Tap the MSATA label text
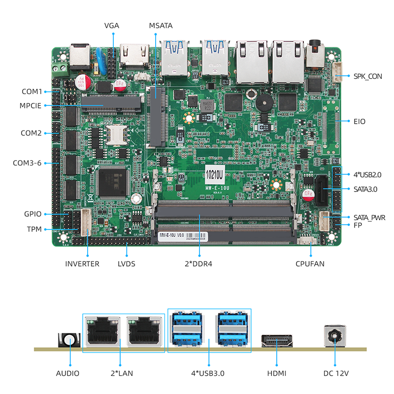click(161, 26)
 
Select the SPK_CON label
click(367, 76)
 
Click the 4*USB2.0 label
click(367, 174)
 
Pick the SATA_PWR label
click(369, 217)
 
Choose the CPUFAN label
click(311, 263)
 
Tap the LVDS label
click(127, 263)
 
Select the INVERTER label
click(82, 263)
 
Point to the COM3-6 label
click(28, 163)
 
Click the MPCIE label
click(31, 105)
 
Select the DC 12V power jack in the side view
click(335, 339)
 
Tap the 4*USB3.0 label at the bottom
click(209, 373)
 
